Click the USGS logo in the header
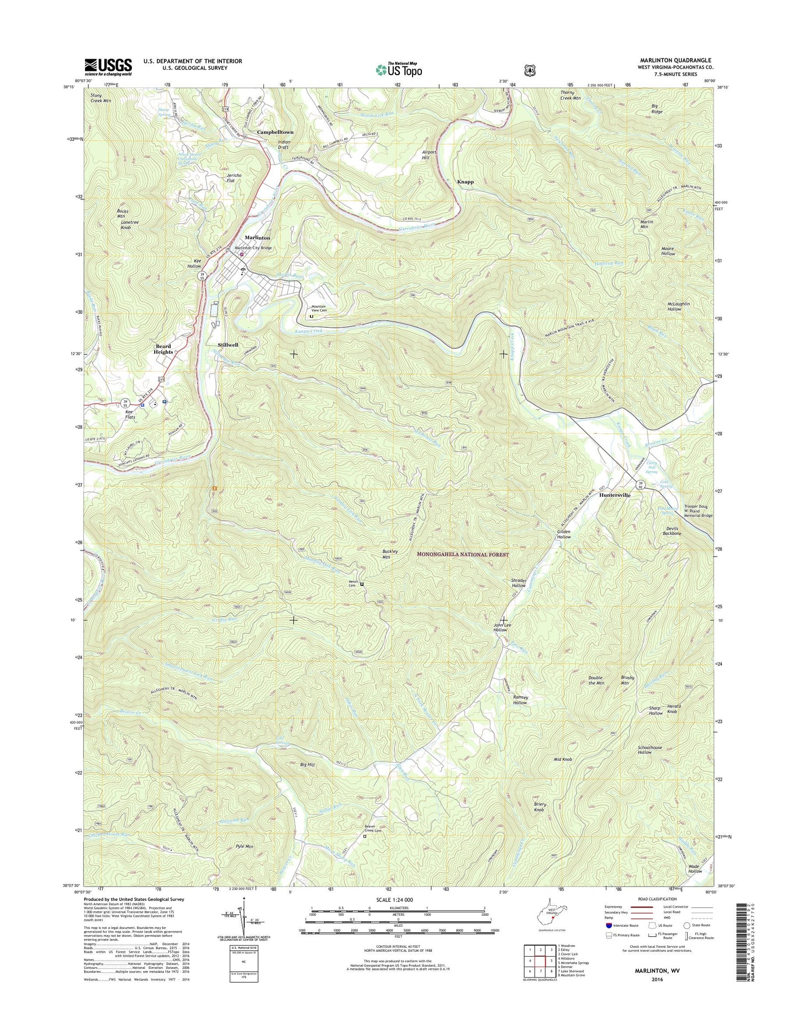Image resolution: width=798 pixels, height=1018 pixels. point(108,67)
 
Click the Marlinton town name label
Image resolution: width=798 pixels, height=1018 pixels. point(258,238)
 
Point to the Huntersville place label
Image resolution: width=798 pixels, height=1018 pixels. point(615,496)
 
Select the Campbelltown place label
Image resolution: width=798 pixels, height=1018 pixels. point(275,133)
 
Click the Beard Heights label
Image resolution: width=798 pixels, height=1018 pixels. point(163,349)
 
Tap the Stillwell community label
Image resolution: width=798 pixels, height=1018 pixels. point(228,344)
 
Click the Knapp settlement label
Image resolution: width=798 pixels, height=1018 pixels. point(465,181)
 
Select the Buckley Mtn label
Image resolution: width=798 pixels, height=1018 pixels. point(390,554)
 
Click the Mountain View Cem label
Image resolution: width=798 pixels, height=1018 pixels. point(319,308)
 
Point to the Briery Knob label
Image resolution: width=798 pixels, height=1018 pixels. point(539,807)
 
